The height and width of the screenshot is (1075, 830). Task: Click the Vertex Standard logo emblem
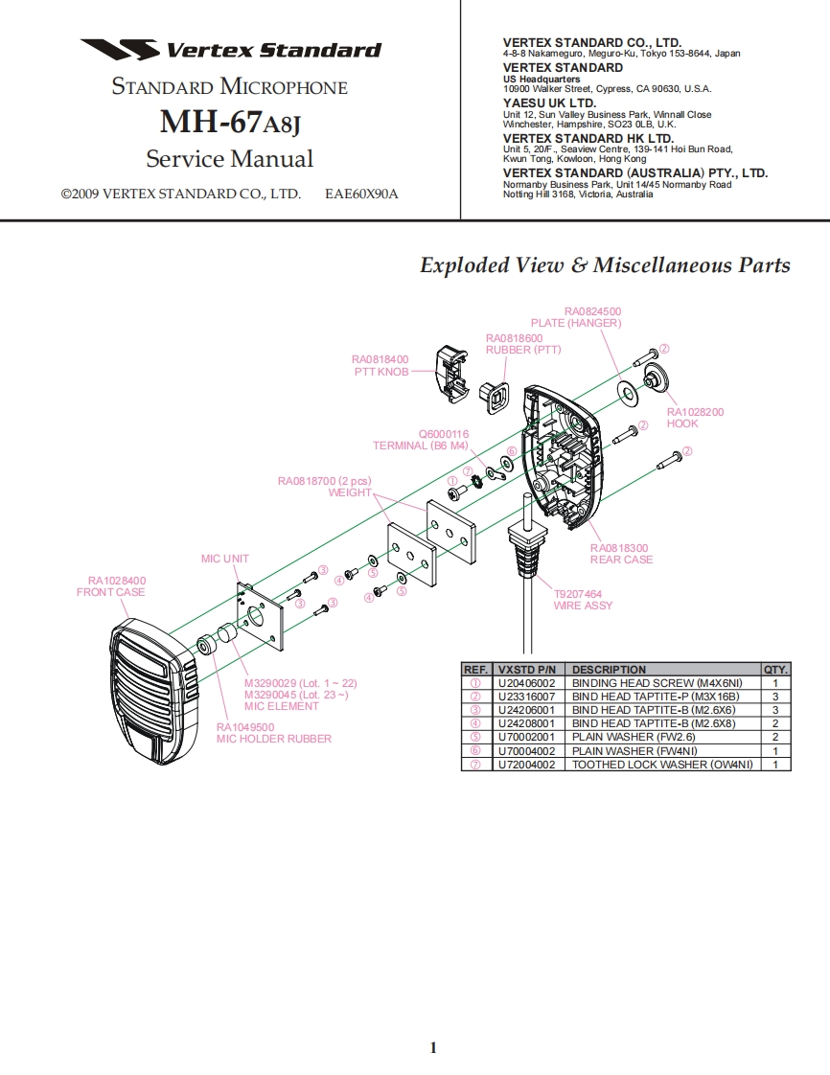[119, 50]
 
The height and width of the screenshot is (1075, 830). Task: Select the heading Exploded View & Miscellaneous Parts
[605, 265]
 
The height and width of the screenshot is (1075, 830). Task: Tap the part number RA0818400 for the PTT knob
[380, 359]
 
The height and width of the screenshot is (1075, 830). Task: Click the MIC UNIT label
[224, 559]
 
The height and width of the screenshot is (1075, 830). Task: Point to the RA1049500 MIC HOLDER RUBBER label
[273, 733]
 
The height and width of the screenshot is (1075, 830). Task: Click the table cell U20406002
[526, 683]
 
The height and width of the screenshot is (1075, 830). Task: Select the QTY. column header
[774, 669]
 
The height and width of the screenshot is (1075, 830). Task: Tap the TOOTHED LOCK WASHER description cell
[661, 765]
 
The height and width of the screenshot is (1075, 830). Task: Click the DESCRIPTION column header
[609, 669]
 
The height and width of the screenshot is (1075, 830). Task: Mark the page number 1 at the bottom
[433, 1047]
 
